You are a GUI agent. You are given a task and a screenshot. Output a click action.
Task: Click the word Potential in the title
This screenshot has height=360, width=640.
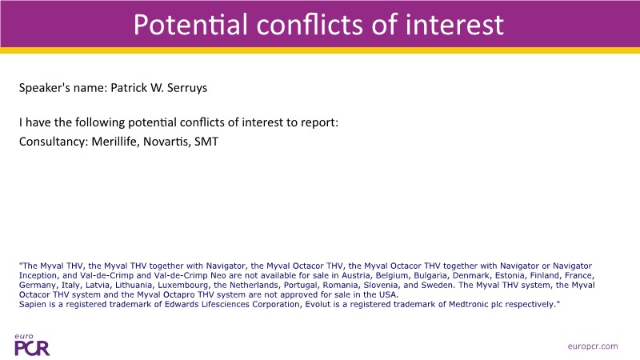(190, 25)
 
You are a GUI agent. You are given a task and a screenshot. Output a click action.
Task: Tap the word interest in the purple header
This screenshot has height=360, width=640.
(454, 25)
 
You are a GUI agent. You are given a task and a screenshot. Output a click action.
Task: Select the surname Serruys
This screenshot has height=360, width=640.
(187, 88)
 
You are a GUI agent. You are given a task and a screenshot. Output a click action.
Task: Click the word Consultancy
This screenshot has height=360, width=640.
(54, 142)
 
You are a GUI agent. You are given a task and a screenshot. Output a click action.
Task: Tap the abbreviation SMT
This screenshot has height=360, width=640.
(206, 142)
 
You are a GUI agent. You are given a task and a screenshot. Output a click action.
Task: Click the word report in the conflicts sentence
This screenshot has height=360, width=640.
(319, 122)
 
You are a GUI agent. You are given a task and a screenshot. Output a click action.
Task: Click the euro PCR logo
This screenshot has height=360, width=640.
(32, 345)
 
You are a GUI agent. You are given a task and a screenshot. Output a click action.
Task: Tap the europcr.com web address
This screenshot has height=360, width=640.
(593, 346)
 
